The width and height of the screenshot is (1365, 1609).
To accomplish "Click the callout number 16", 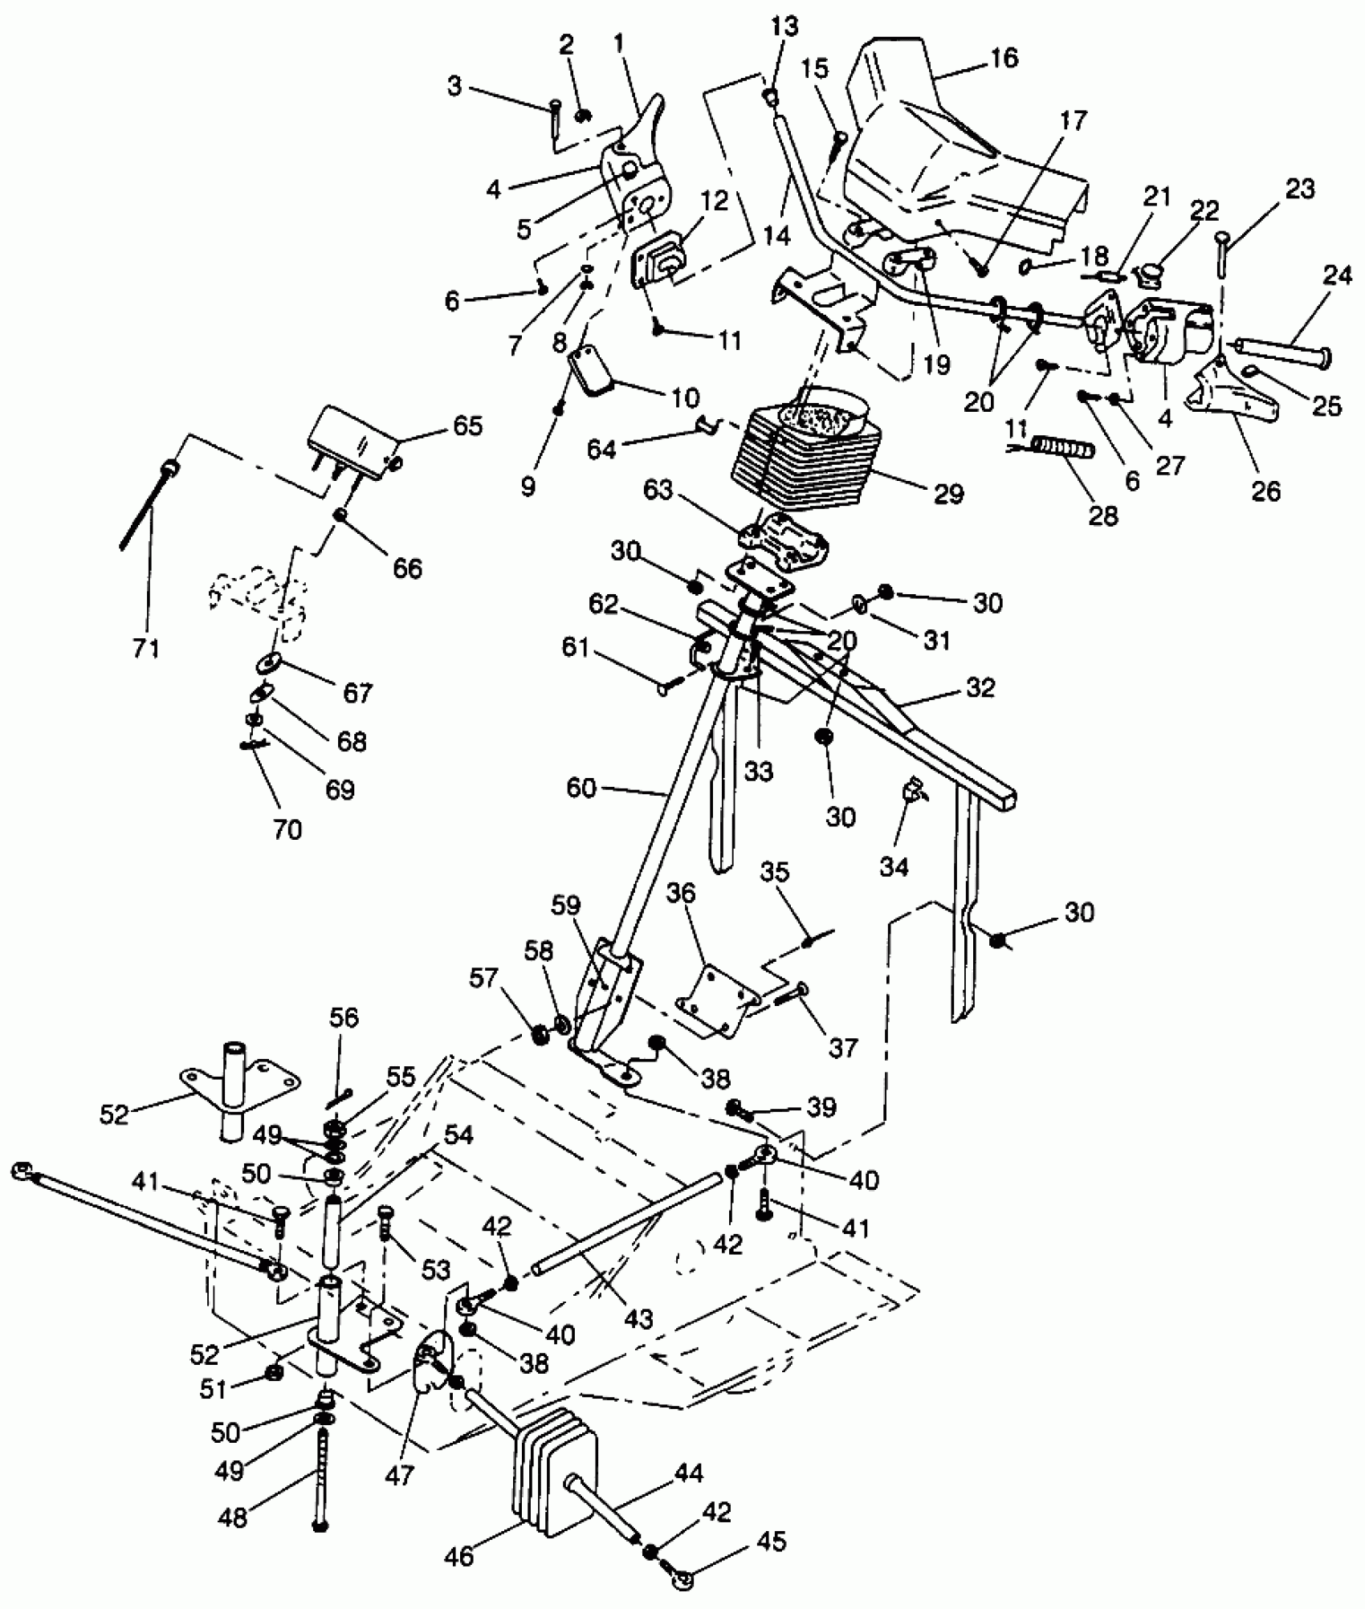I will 1004,58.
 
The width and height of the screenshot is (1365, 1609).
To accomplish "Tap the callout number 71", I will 145,647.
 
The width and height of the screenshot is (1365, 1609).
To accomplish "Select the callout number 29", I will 949,493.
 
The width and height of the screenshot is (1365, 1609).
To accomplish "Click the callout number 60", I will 581,788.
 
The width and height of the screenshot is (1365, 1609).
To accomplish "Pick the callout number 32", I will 980,687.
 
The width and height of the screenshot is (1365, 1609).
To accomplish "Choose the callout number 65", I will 467,426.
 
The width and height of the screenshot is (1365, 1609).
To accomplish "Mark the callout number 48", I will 233,1517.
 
